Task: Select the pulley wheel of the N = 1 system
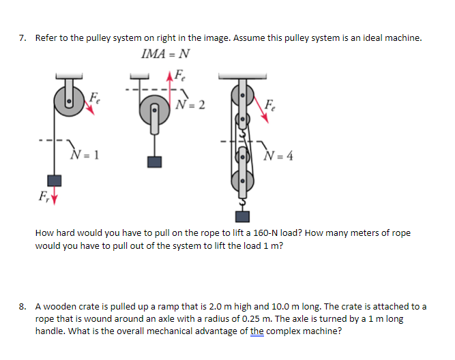(x=71, y=102)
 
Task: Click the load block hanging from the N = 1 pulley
(x=55, y=181)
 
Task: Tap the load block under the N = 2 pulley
(x=156, y=162)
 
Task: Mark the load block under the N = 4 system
(x=240, y=216)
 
